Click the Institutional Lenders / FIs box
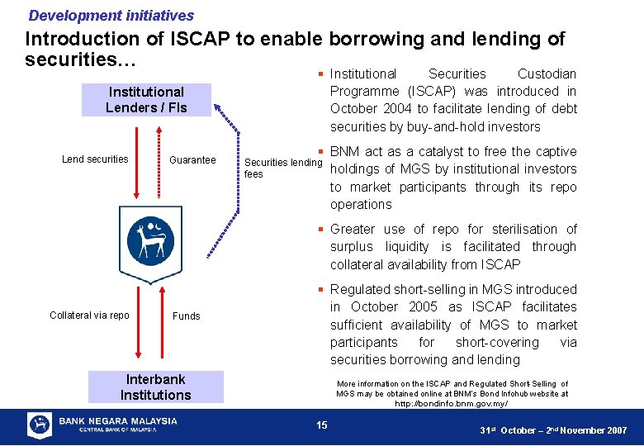click(x=146, y=100)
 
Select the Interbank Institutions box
click(x=155, y=387)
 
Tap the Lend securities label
click(x=96, y=159)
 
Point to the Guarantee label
click(x=192, y=160)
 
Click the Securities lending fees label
click(x=282, y=168)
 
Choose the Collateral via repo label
click(x=89, y=316)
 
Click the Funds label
click(x=187, y=316)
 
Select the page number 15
click(x=322, y=425)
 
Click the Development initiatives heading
click(x=111, y=16)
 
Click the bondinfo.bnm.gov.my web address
click(x=453, y=404)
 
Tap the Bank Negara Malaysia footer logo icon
click(x=40, y=425)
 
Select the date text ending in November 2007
click(x=553, y=431)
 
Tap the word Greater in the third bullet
click(x=353, y=230)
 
